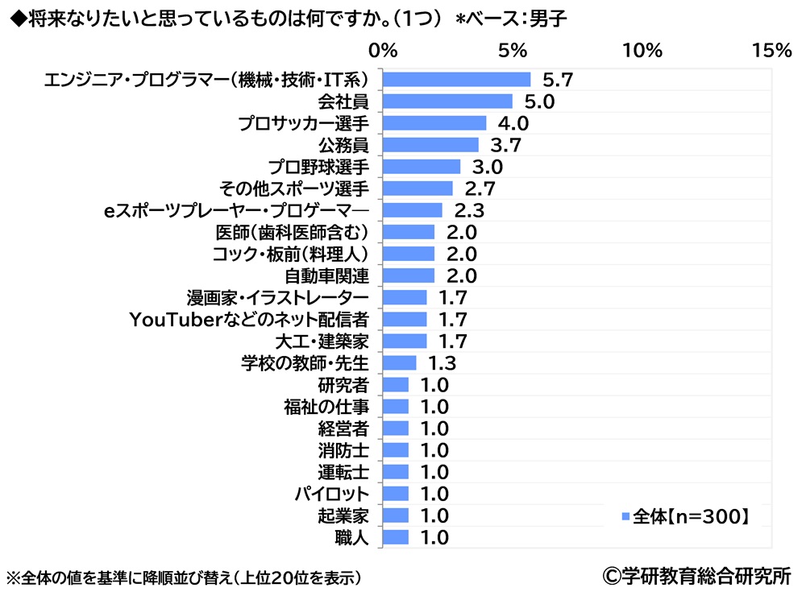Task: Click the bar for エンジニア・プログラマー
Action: point(456,79)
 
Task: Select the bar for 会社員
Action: point(447,101)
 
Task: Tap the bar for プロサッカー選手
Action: point(434,123)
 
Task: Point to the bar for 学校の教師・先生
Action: point(399,362)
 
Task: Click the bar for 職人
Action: point(395,537)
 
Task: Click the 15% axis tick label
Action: point(771,51)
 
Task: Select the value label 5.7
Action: point(557,80)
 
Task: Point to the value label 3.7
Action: point(505,145)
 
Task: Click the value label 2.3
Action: point(469,210)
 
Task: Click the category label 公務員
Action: point(344,145)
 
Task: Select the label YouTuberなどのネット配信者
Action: point(249,319)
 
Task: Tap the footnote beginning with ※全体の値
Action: point(183,578)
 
